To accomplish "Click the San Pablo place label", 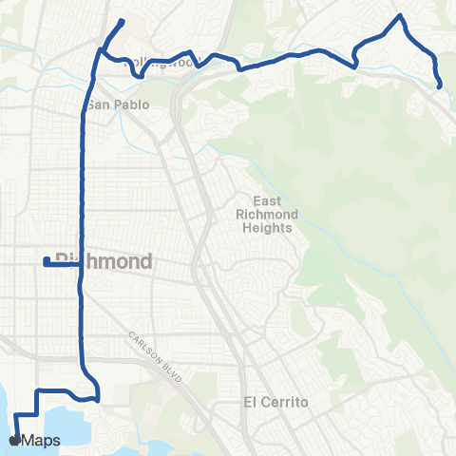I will (x=118, y=104).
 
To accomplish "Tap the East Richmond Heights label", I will (x=267, y=215).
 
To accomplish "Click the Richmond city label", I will (x=104, y=260).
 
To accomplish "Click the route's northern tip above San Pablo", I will (x=123, y=21).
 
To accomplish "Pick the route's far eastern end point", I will (x=441, y=85).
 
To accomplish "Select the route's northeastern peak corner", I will (x=401, y=16).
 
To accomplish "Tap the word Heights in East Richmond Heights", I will (x=267, y=227).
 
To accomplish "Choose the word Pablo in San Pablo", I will (x=132, y=104).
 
